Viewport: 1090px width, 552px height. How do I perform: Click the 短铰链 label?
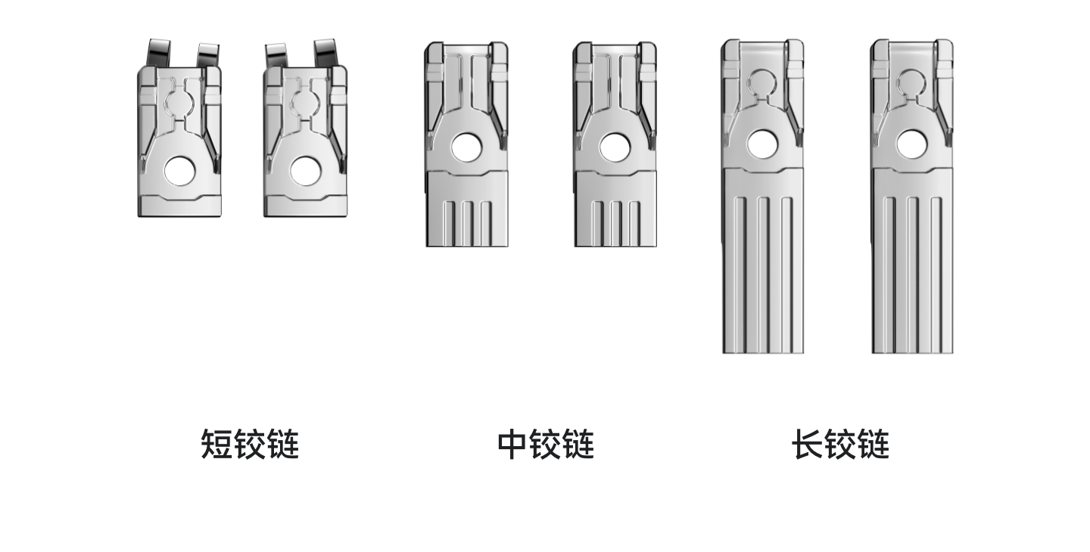(250, 445)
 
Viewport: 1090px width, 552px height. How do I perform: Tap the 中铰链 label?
(546, 445)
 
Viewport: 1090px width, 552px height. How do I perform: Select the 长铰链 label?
(840, 445)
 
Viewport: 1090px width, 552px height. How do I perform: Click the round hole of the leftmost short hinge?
(180, 170)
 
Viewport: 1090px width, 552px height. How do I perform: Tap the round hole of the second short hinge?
(306, 170)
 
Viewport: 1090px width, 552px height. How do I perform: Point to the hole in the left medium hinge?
(467, 147)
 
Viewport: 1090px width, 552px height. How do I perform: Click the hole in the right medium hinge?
(615, 147)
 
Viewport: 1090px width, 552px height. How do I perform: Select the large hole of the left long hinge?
(762, 144)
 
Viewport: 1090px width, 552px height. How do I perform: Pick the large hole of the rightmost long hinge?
(911, 144)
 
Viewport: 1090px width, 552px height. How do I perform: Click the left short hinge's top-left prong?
(159, 53)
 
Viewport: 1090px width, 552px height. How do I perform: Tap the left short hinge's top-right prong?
(208, 54)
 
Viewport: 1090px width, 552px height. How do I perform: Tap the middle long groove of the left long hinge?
(763, 274)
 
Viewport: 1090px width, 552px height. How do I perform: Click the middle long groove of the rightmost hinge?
(912, 274)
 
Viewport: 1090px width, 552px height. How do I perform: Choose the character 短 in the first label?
(216, 445)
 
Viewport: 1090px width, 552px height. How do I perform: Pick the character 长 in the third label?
(808, 445)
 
